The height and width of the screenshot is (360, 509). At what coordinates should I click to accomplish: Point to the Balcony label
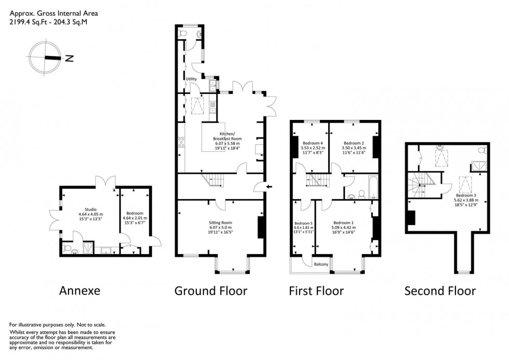(321, 264)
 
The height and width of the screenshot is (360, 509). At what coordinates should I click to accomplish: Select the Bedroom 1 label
(344, 221)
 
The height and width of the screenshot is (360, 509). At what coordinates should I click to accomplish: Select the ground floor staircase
(214, 181)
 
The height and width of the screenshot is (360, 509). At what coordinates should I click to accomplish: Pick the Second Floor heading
(440, 290)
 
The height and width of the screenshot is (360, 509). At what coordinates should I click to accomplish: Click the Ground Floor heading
(210, 290)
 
